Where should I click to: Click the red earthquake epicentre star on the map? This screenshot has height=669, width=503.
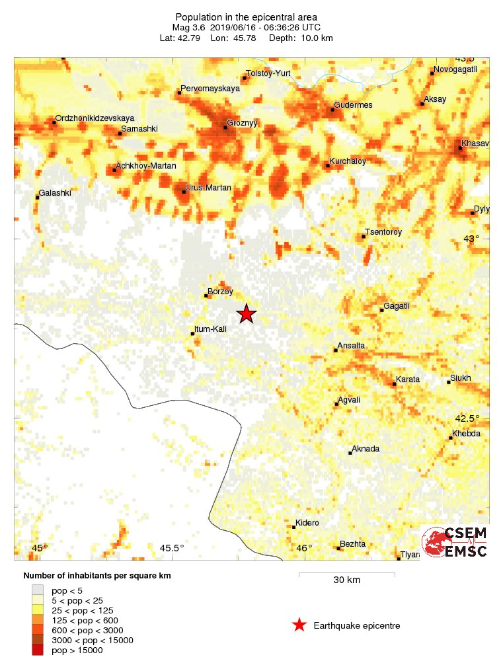(x=246, y=313)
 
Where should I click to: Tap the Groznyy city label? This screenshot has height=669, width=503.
(x=242, y=123)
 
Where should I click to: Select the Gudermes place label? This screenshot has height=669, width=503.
(x=354, y=105)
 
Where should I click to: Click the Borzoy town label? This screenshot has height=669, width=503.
(x=220, y=291)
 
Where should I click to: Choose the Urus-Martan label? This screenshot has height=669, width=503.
(x=209, y=188)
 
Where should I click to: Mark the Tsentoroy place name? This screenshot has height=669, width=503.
(x=383, y=232)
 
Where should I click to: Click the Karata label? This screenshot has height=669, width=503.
(x=406, y=379)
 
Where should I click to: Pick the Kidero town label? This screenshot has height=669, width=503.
(x=307, y=523)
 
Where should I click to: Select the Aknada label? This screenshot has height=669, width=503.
(x=366, y=449)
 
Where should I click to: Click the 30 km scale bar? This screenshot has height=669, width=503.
(x=346, y=574)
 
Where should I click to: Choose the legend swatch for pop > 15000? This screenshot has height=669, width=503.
(x=38, y=650)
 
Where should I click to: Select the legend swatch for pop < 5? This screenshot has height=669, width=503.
(x=38, y=590)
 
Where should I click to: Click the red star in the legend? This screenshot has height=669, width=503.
(x=299, y=625)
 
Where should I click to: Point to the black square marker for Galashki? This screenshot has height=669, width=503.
(x=37, y=197)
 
